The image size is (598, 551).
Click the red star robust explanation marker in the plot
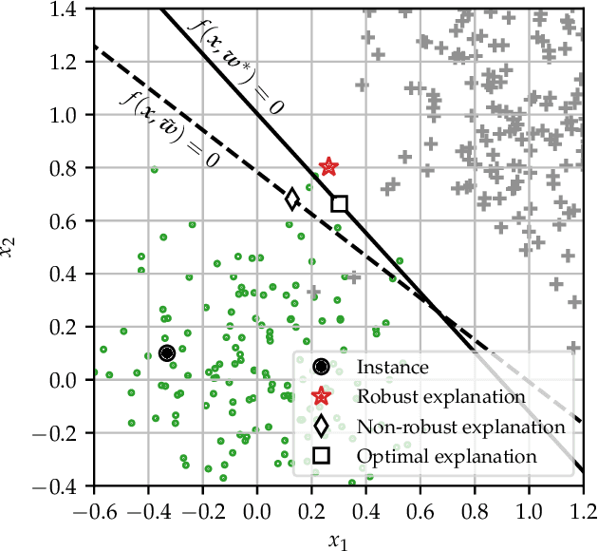point(328,167)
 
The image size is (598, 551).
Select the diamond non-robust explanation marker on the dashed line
point(292,199)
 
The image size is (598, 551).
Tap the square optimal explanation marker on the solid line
point(339,203)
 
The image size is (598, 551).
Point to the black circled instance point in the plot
point(167,353)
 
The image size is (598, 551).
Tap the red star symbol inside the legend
point(322,396)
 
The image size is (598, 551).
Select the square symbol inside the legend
point(322,457)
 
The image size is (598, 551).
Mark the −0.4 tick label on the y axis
point(64,486)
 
